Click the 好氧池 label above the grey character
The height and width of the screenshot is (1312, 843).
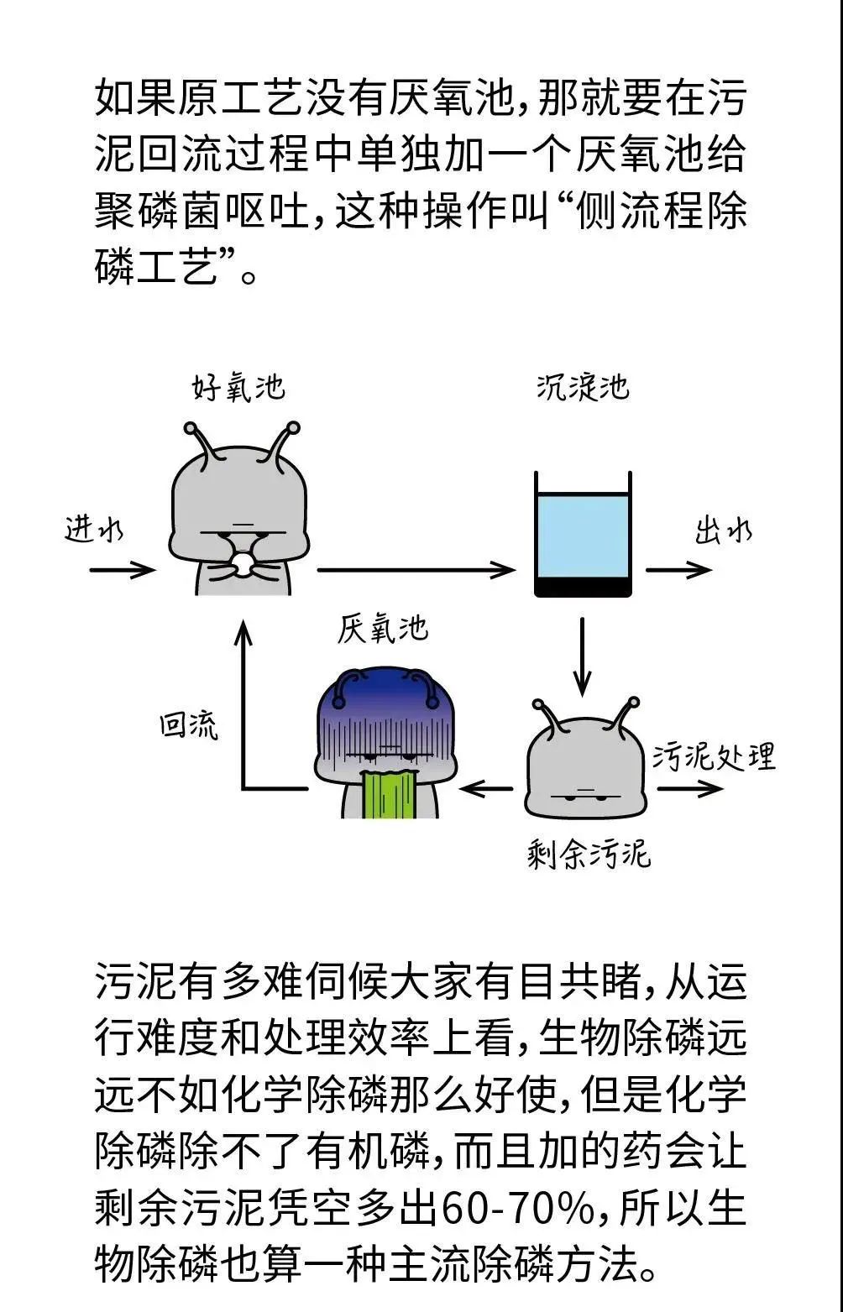tap(238, 388)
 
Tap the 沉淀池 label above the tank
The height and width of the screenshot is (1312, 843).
tap(582, 387)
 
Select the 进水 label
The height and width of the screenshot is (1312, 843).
tap(93, 531)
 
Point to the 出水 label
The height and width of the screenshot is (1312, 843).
tap(723, 531)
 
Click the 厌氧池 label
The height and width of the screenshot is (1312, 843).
tap(383, 630)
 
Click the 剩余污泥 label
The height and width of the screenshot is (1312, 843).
tap(589, 855)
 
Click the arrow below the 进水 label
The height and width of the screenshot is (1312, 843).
tap(122, 571)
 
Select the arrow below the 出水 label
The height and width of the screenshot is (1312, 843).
tap(678, 571)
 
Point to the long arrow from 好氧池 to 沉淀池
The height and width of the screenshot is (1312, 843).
tap(416, 571)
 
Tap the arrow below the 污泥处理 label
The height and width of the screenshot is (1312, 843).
tap(689, 789)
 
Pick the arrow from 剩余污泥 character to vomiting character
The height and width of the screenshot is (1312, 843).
tap(487, 789)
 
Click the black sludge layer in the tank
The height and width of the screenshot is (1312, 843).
tap(583, 587)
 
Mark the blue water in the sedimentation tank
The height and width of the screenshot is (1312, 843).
tap(583, 536)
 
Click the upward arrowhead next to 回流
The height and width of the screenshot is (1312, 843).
tap(243, 630)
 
